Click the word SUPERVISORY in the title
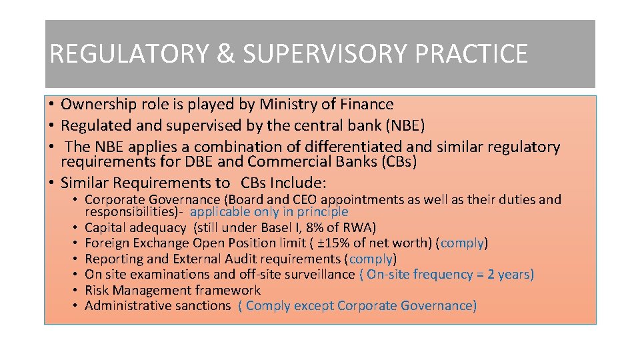tap(327, 54)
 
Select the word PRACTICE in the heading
tap(471, 54)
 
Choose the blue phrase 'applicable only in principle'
tap(269, 212)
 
